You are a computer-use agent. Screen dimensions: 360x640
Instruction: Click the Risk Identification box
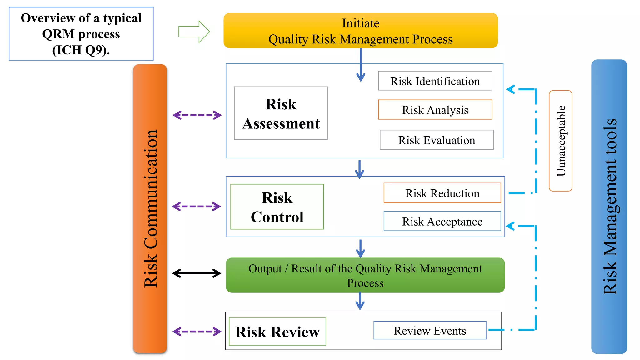click(x=435, y=81)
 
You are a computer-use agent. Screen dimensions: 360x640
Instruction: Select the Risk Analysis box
click(x=435, y=110)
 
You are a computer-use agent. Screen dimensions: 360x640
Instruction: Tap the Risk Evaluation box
click(x=437, y=140)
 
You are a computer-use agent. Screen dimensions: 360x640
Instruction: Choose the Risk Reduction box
click(x=442, y=193)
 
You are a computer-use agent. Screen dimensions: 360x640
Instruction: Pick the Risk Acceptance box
click(x=442, y=221)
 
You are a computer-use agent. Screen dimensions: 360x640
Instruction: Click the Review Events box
click(x=430, y=330)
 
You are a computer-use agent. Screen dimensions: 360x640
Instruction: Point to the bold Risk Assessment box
click(x=281, y=113)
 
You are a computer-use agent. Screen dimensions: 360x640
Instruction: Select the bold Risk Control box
click(x=277, y=207)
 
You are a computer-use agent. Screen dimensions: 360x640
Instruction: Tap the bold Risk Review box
click(x=277, y=332)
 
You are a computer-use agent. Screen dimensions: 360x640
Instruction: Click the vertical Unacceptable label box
click(x=560, y=141)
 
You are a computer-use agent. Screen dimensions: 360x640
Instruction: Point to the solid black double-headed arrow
click(x=197, y=273)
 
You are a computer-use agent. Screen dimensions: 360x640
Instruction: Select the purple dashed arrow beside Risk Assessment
click(x=197, y=115)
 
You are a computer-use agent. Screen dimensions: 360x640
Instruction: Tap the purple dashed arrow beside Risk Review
click(x=197, y=332)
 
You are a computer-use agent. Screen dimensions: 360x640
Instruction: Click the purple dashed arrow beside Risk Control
click(x=197, y=207)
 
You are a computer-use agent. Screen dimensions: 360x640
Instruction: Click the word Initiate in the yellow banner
click(x=361, y=23)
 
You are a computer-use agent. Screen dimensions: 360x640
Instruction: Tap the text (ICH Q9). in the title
click(x=81, y=50)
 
